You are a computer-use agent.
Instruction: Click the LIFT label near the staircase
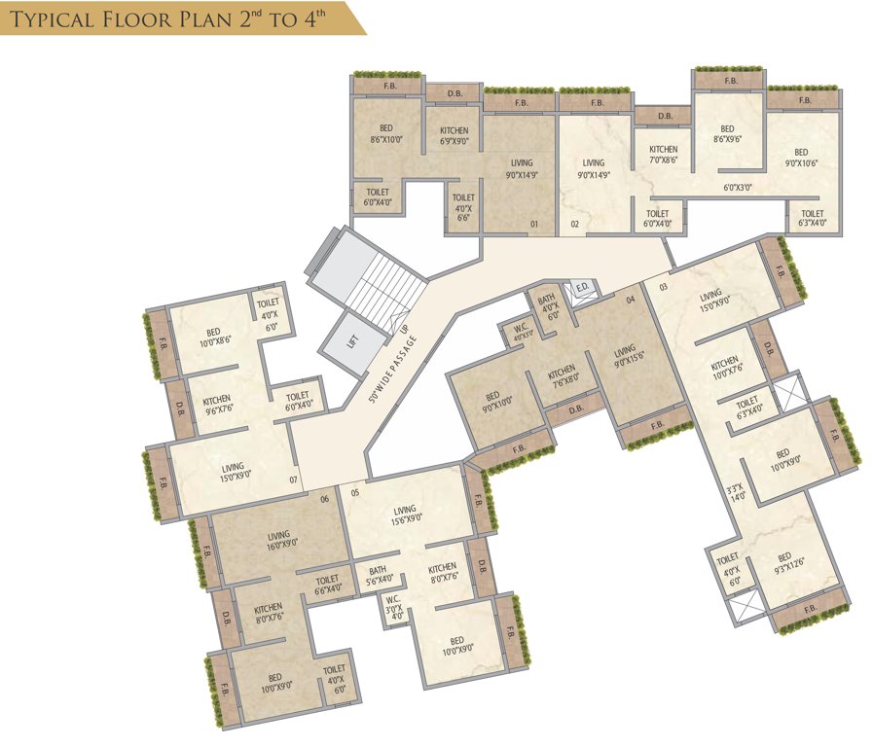click(x=353, y=341)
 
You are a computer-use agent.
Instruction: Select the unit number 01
click(x=534, y=225)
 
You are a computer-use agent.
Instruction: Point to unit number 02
click(x=575, y=225)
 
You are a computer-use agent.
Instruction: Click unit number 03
click(x=663, y=287)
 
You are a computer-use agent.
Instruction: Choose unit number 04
click(x=631, y=300)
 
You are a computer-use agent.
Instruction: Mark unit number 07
click(x=293, y=479)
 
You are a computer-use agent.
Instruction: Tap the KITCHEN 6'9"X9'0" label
click(x=454, y=136)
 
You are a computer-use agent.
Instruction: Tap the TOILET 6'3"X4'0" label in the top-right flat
click(x=812, y=219)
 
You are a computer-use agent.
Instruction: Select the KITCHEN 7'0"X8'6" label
click(x=664, y=155)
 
